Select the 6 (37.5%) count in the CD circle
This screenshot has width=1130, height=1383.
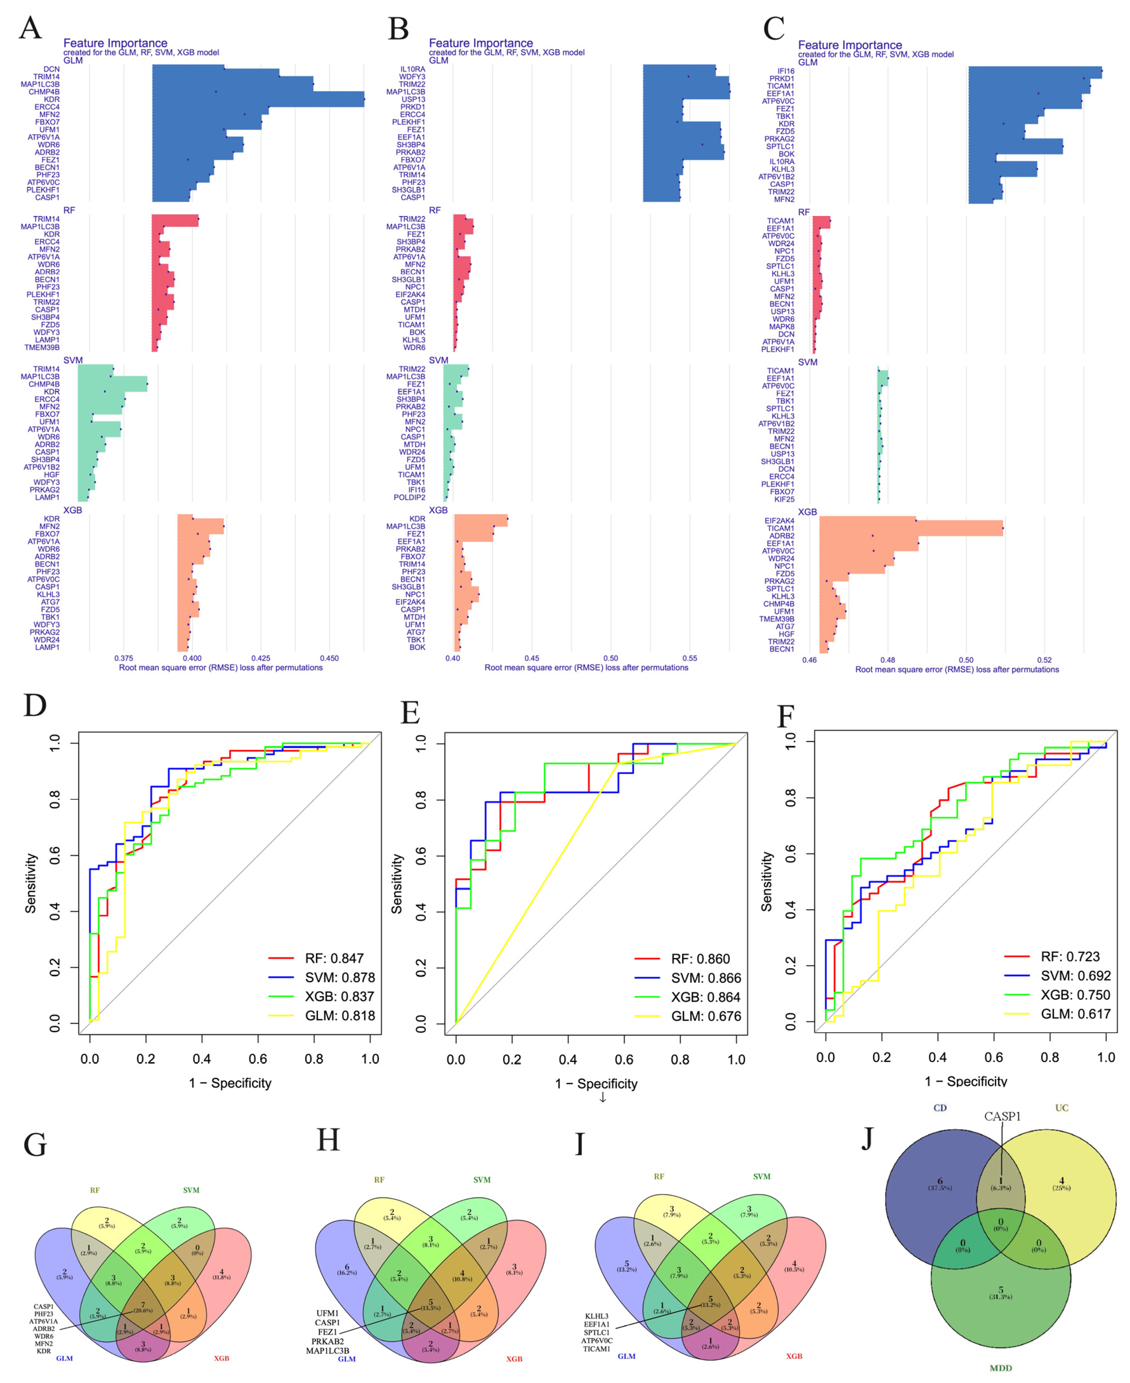coord(939,1184)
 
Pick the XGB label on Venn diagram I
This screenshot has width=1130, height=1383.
coord(793,1356)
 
